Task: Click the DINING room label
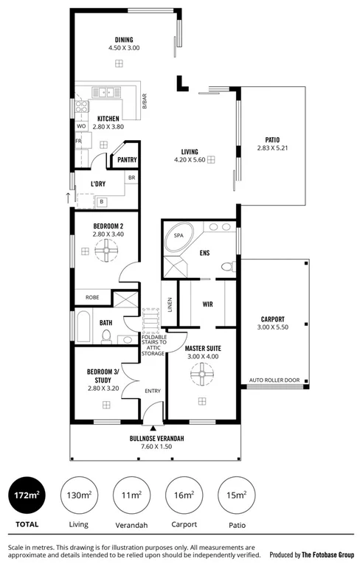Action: pos(124,40)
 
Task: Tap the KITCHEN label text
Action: pos(108,119)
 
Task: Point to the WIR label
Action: pos(207,304)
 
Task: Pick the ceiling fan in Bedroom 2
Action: pos(108,251)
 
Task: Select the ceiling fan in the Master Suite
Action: pos(199,376)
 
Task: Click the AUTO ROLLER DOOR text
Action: pos(274,380)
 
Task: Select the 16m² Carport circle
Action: pos(183,496)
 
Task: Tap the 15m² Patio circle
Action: pos(236,496)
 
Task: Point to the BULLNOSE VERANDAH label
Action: pos(156,439)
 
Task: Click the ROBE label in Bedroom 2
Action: pos(92,298)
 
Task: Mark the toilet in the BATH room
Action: pos(106,336)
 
